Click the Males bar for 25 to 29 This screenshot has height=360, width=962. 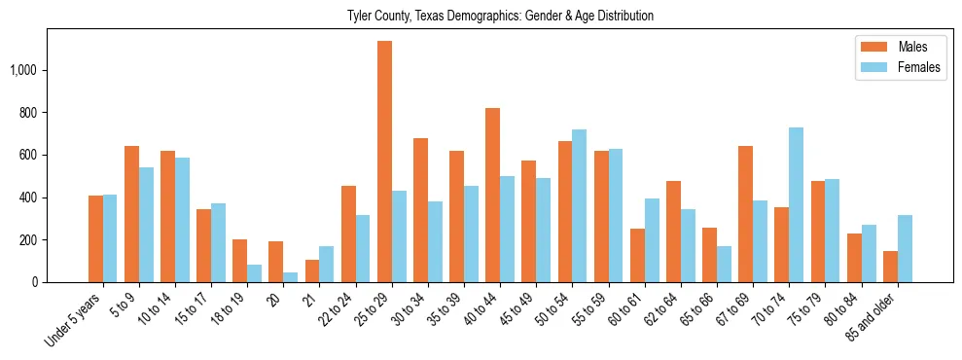[384, 162]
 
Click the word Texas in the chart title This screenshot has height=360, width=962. [439, 17]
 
